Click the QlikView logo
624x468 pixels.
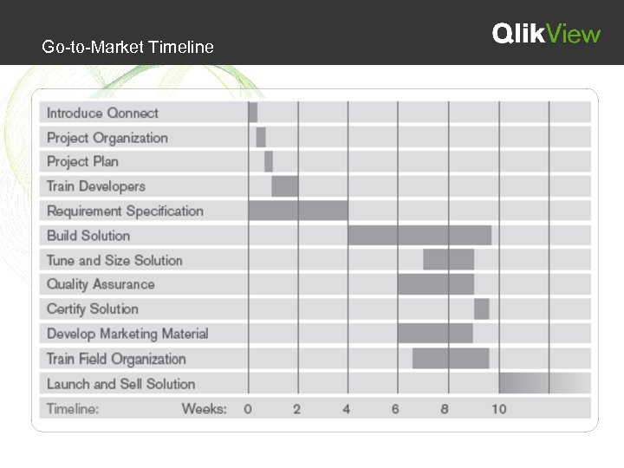click(546, 34)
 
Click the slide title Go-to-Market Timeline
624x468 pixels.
click(127, 47)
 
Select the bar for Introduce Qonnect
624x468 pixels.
click(253, 113)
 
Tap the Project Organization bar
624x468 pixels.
click(261, 137)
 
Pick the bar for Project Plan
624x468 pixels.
click(269, 161)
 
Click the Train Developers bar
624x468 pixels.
click(285, 186)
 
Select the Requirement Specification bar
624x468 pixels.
click(298, 211)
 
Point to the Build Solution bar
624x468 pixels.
click(419, 235)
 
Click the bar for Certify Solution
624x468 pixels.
click(482, 309)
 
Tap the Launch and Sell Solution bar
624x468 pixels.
click(544, 383)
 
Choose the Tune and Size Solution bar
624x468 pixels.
click(449, 259)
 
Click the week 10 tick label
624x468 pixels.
click(499, 408)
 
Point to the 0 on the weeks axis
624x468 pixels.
click(248, 408)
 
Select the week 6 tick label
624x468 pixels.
click(395, 408)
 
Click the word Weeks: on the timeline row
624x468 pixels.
click(205, 408)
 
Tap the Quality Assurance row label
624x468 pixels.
click(101, 284)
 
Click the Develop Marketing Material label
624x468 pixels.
click(127, 334)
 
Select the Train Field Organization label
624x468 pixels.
click(116, 359)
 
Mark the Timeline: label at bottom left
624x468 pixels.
click(73, 408)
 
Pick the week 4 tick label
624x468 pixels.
click(347, 408)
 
